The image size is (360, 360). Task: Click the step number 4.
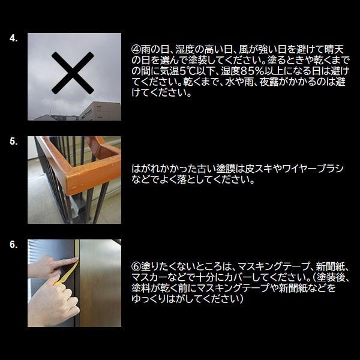[14, 38]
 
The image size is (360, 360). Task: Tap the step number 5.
[14, 141]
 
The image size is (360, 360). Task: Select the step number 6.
[14, 245]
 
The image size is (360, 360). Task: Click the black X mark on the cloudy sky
[73, 73]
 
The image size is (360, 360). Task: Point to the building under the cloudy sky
[100, 111]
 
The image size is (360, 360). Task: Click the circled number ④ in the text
[136, 49]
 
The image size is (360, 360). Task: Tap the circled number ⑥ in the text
[136, 266]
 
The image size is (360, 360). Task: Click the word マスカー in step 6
[148, 277]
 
